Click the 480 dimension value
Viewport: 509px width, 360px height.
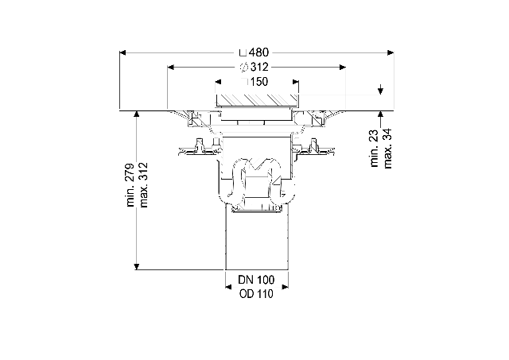coord(259,52)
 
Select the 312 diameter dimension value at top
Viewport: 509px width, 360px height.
coord(259,67)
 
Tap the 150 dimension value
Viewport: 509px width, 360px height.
coord(259,82)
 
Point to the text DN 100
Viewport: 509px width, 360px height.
coord(256,280)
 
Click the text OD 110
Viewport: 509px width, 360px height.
coord(256,294)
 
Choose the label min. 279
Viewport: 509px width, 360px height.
coord(130,185)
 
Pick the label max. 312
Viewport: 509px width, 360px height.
coord(143,185)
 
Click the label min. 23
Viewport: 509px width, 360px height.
coord(375,149)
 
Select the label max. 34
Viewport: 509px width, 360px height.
coord(387,149)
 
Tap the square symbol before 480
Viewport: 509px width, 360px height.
coord(243,52)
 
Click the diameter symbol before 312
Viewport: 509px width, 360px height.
coord(244,68)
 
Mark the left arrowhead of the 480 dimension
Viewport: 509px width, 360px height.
coord(122,52)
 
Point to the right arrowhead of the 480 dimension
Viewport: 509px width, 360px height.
coord(390,52)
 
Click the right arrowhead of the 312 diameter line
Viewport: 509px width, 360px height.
coord(343,68)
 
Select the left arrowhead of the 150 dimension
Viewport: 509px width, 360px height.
coord(218,82)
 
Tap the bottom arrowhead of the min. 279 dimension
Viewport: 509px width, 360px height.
coord(137,266)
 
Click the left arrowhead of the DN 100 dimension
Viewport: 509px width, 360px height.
coord(228,287)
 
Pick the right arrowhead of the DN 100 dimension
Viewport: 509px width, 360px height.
coord(285,287)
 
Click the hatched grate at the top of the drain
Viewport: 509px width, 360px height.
coord(257,100)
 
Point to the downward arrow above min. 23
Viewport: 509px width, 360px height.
coord(380,90)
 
